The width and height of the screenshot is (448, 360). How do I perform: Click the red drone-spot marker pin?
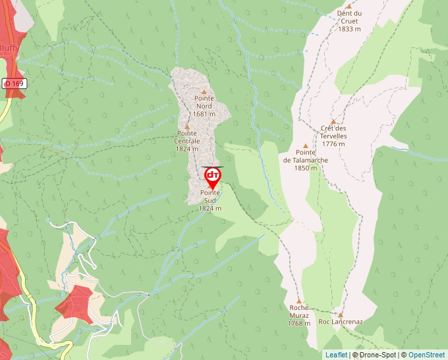pos(213,176)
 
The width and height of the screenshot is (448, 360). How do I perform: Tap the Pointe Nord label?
pos(204,102)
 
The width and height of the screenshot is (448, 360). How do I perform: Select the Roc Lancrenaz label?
pos(341,322)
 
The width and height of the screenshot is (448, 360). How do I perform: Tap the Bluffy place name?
pos(9,48)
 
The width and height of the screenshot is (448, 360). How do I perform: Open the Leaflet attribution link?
pos(336,355)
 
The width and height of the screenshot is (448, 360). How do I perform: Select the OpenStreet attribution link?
pos(426,355)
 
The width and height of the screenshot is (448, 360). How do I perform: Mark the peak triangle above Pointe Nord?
pos(204,92)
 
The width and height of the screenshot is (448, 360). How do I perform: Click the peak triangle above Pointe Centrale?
pos(187,127)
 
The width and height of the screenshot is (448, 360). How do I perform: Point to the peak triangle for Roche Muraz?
pos(298,300)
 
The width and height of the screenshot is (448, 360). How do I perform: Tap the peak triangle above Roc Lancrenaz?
pos(341,314)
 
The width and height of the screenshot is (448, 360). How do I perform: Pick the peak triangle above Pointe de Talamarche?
pos(305,146)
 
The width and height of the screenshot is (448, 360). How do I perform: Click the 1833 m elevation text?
pos(349,29)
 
